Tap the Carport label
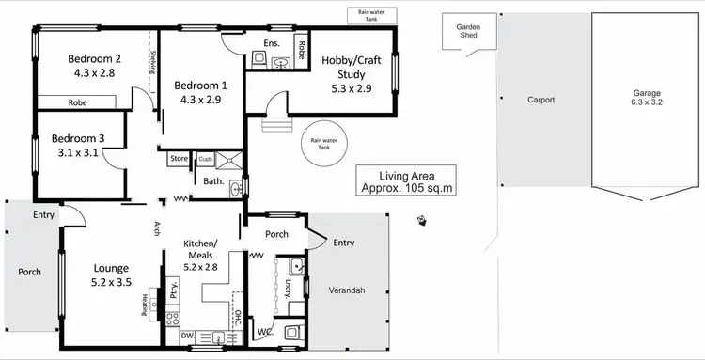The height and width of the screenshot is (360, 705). click(540, 98)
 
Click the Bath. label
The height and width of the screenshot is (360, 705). click(212, 182)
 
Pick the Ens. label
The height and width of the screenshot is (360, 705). click(273, 43)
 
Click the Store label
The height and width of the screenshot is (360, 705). click(179, 158)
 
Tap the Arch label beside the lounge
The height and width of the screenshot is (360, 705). click(157, 227)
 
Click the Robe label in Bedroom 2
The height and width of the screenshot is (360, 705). click(78, 102)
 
